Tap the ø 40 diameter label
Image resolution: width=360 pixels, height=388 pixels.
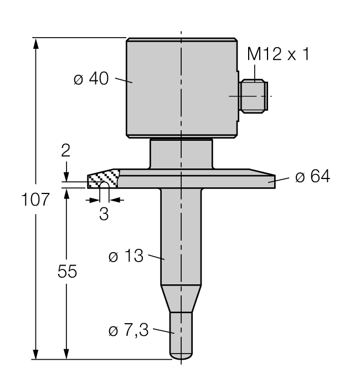(91, 79)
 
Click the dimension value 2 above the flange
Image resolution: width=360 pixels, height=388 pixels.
(66, 151)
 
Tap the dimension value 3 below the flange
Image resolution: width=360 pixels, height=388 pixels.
(104, 215)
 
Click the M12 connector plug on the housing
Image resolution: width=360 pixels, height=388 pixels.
(253, 96)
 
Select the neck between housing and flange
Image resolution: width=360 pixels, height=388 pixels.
(182, 154)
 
